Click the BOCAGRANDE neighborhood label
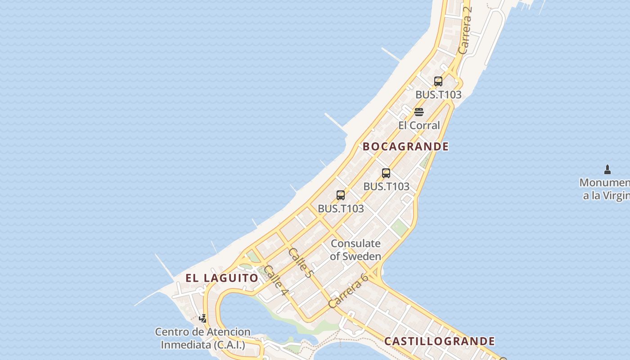(x=405, y=146)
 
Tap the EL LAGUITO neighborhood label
(x=222, y=278)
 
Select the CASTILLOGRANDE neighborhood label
(x=439, y=341)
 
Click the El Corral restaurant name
(x=419, y=125)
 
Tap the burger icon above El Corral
(x=419, y=112)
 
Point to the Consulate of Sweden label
(x=355, y=250)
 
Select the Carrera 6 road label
(x=348, y=290)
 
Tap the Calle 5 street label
(x=300, y=262)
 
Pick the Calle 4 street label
(x=276, y=281)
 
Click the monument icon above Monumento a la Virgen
(x=607, y=170)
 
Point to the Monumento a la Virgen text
(x=605, y=189)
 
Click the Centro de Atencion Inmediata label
(x=203, y=338)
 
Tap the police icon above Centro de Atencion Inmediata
(x=203, y=319)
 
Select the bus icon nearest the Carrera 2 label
(x=438, y=81)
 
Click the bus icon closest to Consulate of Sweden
(x=341, y=195)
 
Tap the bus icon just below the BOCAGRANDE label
(x=386, y=173)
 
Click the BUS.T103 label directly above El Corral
(x=438, y=95)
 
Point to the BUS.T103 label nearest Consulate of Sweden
(x=341, y=209)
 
